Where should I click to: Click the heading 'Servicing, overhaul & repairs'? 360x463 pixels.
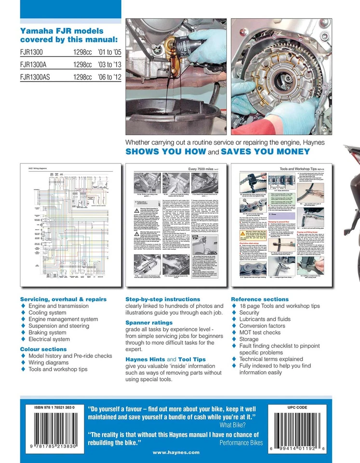coord(63,299)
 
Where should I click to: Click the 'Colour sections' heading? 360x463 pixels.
coord(43,349)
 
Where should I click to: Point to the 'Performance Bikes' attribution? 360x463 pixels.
coord(240,442)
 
